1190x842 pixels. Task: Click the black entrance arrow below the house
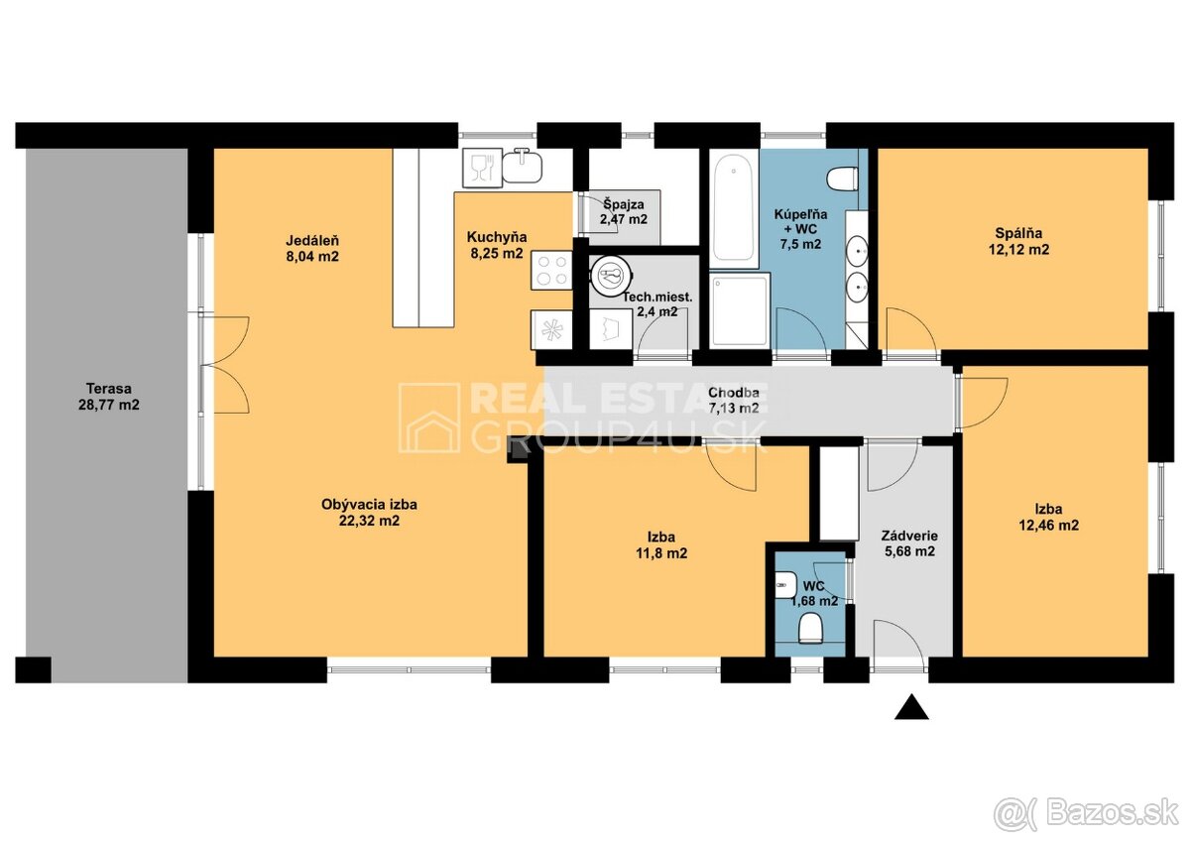pyautogui.click(x=911, y=707)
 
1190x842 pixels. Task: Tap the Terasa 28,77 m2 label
pyautogui.click(x=109, y=397)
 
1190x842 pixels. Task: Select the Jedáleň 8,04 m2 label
pyautogui.click(x=312, y=248)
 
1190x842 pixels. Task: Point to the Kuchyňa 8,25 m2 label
pyautogui.click(x=497, y=245)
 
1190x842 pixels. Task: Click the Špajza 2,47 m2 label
pyautogui.click(x=624, y=211)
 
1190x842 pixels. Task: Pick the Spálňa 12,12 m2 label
pyautogui.click(x=1019, y=241)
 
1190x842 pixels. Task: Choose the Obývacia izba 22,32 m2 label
pyautogui.click(x=369, y=512)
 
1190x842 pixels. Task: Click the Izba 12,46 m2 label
pyautogui.click(x=1049, y=517)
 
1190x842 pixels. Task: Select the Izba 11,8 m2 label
pyautogui.click(x=661, y=545)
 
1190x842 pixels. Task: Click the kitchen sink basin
pyautogui.click(x=522, y=166)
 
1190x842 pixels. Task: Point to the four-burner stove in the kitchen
pyautogui.click(x=552, y=270)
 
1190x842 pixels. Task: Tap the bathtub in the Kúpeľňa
pyautogui.click(x=733, y=210)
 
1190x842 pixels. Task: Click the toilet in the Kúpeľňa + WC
pyautogui.click(x=843, y=178)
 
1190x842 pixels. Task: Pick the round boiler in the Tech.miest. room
pyautogui.click(x=613, y=277)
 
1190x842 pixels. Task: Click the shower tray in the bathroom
pyautogui.click(x=740, y=310)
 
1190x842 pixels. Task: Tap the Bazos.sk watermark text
pyautogui.click(x=1098, y=814)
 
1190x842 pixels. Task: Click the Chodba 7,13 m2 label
pyautogui.click(x=734, y=400)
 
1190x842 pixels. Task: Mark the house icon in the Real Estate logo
pyautogui.click(x=429, y=419)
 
